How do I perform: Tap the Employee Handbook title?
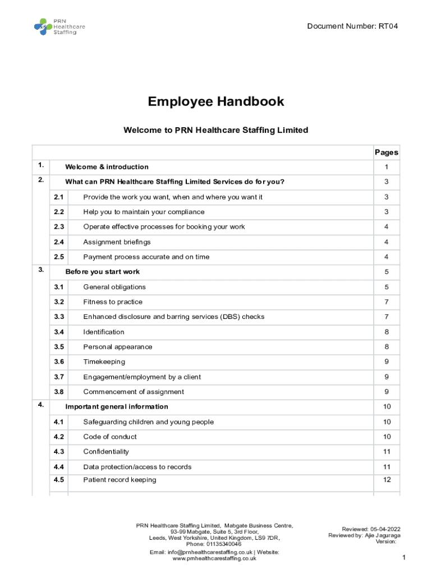pyautogui.click(x=216, y=101)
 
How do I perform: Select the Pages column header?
pyautogui.click(x=386, y=152)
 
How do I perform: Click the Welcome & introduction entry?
pyautogui.click(x=107, y=167)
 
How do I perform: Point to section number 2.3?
pyautogui.click(x=59, y=227)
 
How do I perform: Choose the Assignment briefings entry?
pyautogui.click(x=117, y=242)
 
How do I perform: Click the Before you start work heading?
pyautogui.click(x=103, y=272)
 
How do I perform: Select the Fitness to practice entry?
pyautogui.click(x=113, y=302)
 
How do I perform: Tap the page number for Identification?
pyautogui.click(x=387, y=332)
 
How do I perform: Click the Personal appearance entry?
pyautogui.click(x=117, y=347)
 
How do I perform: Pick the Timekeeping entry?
pyautogui.click(x=104, y=362)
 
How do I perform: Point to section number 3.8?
pyautogui.click(x=59, y=392)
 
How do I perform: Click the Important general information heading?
pyautogui.click(x=117, y=407)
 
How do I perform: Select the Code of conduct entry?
pyautogui.click(x=110, y=437)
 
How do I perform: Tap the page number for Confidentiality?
pyautogui.click(x=387, y=452)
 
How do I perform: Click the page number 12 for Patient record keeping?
pyautogui.click(x=387, y=480)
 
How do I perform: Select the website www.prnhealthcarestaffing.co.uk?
pyautogui.click(x=214, y=559)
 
